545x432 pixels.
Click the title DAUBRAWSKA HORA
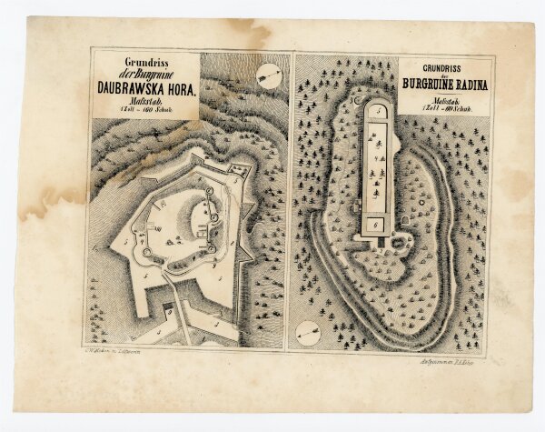[x=146, y=90]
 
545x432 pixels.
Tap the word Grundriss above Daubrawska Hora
[x=146, y=64]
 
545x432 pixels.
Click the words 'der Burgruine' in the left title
[x=146, y=75]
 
